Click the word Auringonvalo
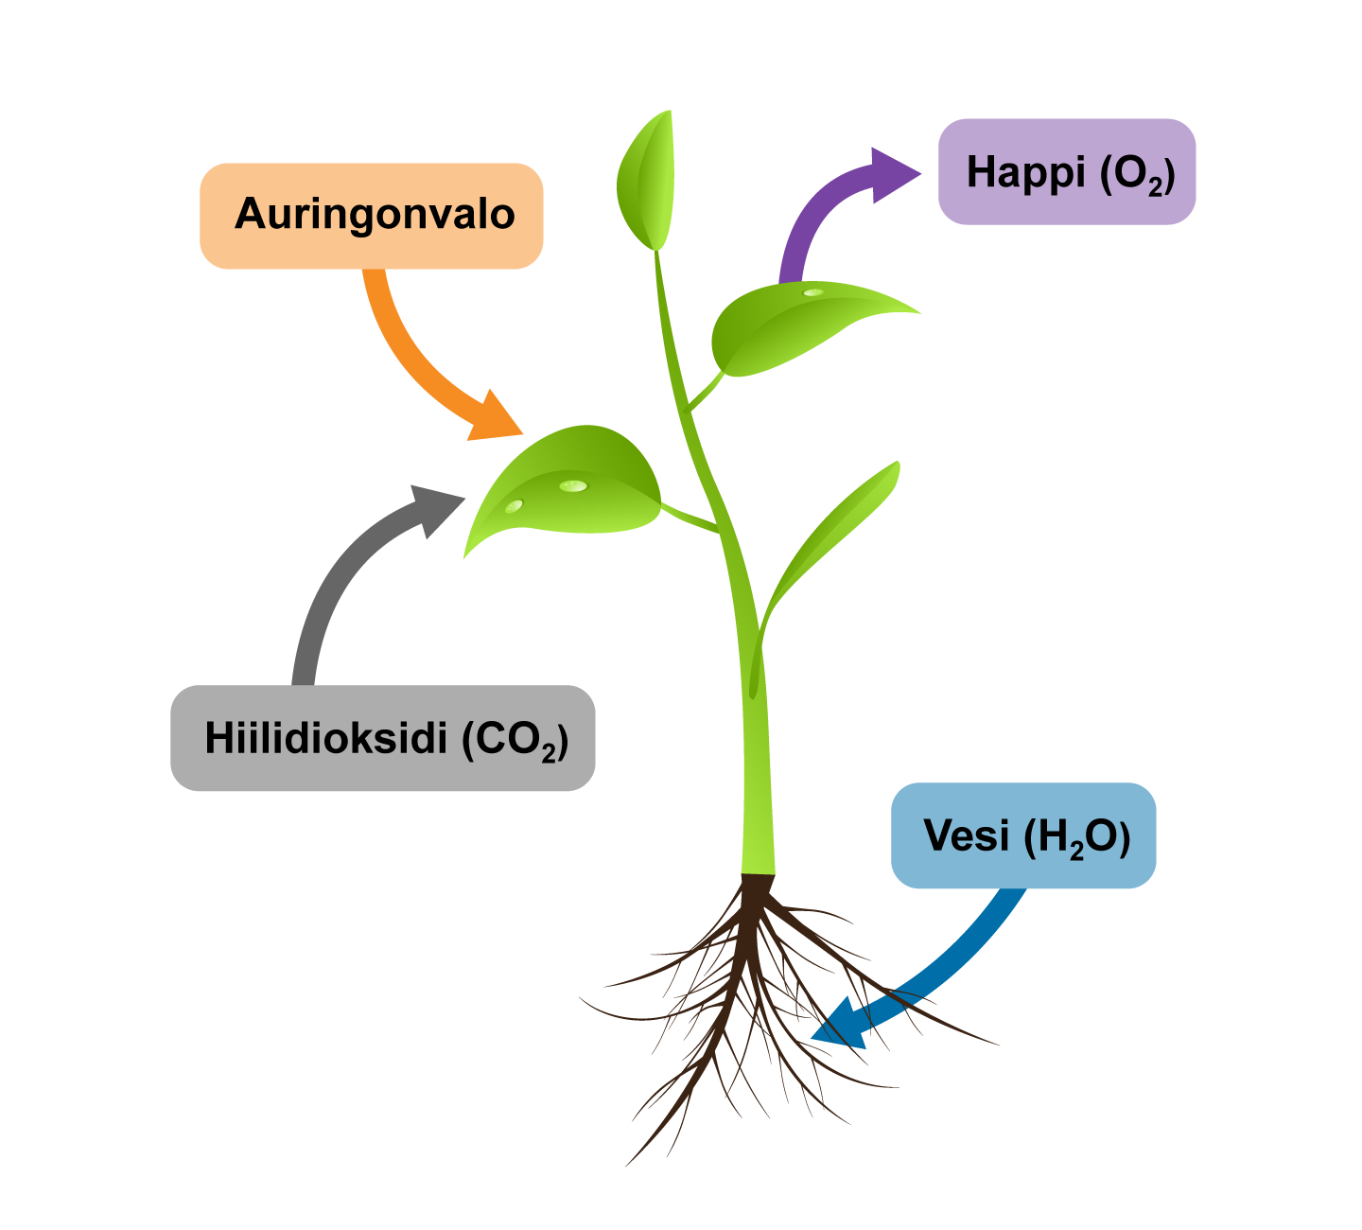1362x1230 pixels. tap(375, 215)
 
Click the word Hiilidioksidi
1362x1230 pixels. tap(325, 738)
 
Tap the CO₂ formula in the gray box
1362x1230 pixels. tap(516, 741)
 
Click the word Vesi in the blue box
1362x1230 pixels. tap(967, 836)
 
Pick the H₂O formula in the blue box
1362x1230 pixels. tap(1078, 838)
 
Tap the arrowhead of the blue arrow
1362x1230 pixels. tap(842, 1027)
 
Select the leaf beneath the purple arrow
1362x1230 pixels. tap(785, 326)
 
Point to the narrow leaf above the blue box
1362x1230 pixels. tap(832, 530)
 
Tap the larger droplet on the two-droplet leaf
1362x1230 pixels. tap(573, 486)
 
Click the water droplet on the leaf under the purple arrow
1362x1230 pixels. tap(813, 292)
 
